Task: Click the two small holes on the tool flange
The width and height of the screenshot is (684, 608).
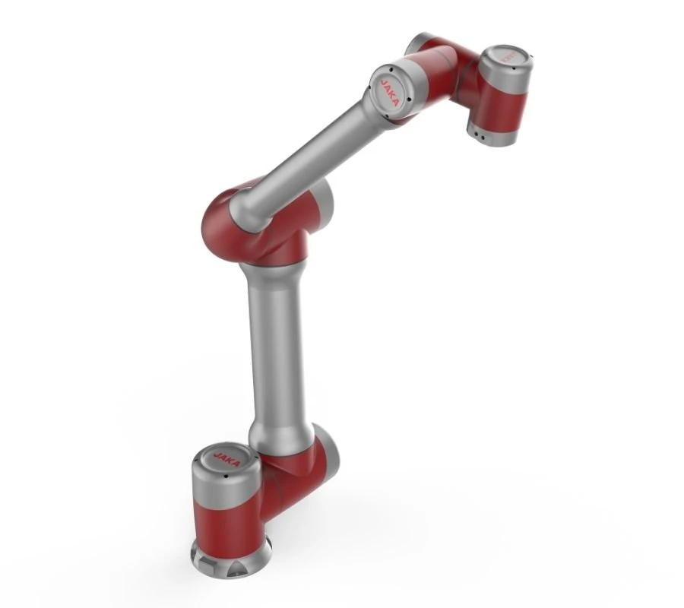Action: click(x=480, y=135)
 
